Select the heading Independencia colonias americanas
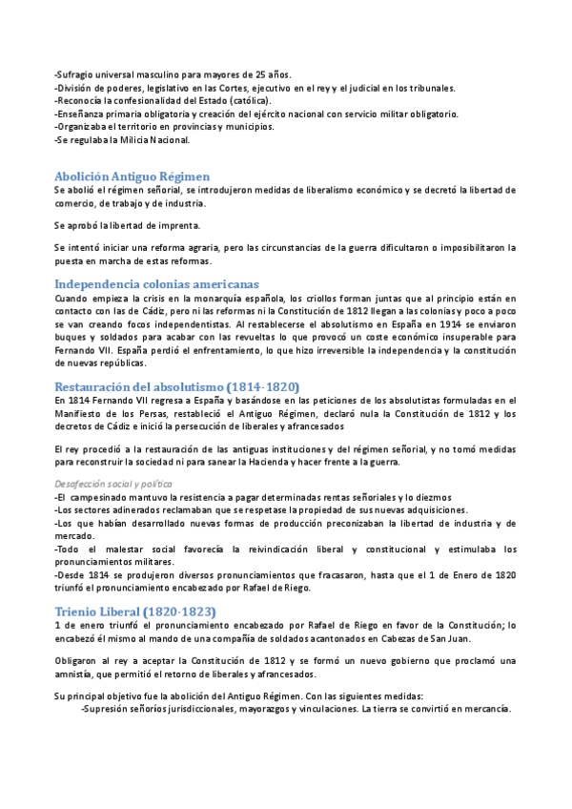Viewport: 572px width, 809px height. point(156,284)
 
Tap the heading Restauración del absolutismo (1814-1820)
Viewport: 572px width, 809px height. point(177,385)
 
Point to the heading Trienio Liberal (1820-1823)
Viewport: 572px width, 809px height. point(135,584)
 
